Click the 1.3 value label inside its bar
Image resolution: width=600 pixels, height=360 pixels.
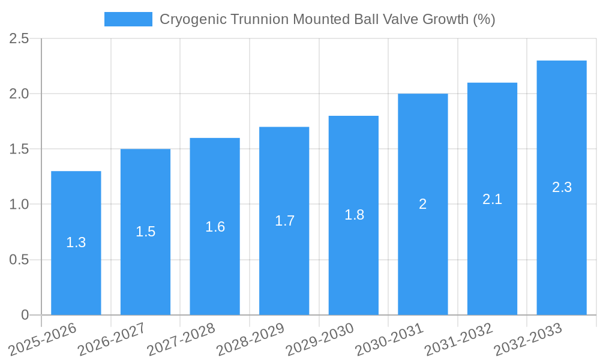coord(76,243)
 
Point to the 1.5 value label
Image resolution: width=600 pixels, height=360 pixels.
coord(145,232)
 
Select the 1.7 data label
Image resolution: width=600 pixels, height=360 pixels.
coord(284,221)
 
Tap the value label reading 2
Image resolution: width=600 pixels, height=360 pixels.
coord(423,204)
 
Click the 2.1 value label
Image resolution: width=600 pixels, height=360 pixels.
coord(492,199)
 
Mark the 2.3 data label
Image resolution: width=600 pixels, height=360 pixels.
coord(562,187)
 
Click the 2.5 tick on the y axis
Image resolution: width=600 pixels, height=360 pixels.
coord(19,39)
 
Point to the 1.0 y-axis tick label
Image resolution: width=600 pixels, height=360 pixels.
coord(19,205)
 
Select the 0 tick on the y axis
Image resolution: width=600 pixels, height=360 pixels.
coord(25,315)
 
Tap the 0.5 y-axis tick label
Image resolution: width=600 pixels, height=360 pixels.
coord(19,260)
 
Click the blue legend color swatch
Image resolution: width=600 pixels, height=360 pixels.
coord(128,19)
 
